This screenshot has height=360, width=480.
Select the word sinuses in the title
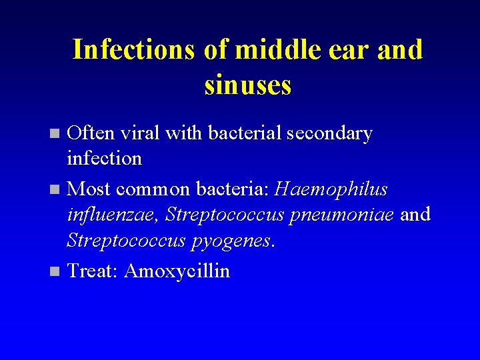point(248,86)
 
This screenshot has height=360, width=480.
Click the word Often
point(92,133)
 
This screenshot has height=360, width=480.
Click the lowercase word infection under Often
point(105,159)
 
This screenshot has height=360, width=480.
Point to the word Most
point(89,189)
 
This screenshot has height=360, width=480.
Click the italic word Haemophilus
point(331,190)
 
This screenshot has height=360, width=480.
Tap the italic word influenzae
point(113,215)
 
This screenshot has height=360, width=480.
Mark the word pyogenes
point(230,241)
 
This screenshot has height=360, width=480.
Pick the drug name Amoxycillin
point(177,272)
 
